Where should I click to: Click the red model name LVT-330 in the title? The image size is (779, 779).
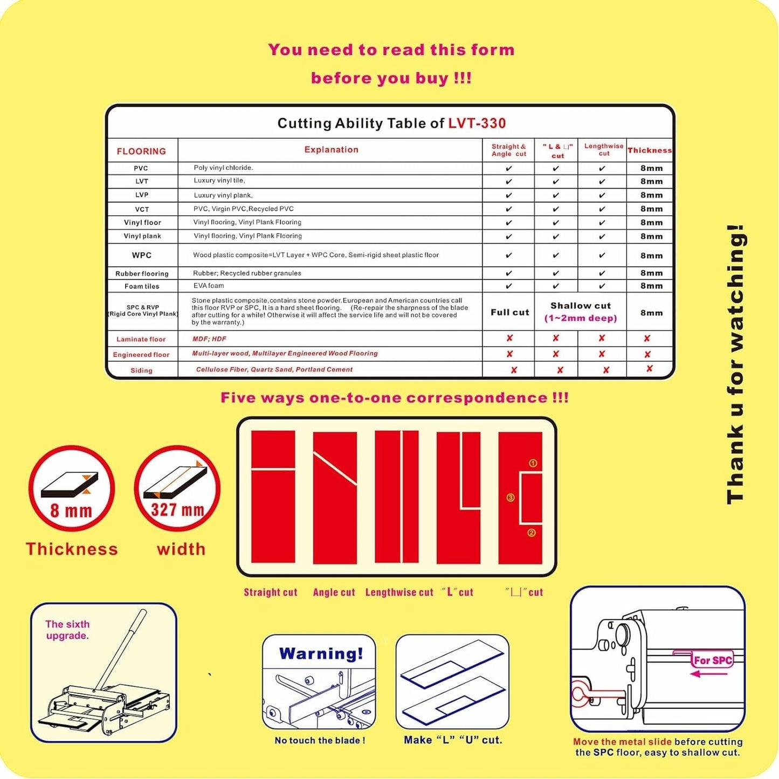(x=477, y=123)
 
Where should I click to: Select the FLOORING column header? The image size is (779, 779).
(x=141, y=151)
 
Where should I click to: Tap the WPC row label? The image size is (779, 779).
(x=142, y=256)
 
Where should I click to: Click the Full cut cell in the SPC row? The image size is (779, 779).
(x=509, y=312)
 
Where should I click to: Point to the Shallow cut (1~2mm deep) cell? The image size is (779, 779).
(x=580, y=312)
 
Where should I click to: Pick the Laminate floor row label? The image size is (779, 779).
(x=141, y=339)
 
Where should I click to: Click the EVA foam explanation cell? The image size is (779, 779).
(x=209, y=286)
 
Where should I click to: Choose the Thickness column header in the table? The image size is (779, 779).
(x=650, y=150)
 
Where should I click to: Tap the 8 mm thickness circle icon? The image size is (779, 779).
(x=71, y=489)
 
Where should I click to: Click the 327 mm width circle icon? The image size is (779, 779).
(x=177, y=489)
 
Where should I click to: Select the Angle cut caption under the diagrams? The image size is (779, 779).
(x=334, y=592)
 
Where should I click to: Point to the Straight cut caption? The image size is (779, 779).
(x=270, y=592)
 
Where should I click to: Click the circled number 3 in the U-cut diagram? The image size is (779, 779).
(x=511, y=498)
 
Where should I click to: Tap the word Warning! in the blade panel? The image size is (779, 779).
(x=321, y=654)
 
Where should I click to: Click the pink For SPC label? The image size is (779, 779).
(x=712, y=660)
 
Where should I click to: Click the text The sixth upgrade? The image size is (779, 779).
(x=67, y=630)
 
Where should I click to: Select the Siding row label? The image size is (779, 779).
(x=141, y=370)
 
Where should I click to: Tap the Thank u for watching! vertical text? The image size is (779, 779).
(x=735, y=364)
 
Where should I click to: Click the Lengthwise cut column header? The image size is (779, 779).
(x=604, y=150)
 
